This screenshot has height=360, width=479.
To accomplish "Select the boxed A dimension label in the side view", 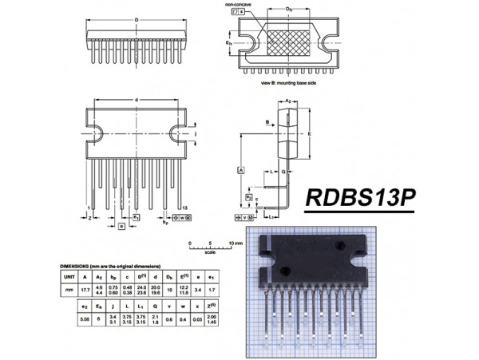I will tap(239, 171).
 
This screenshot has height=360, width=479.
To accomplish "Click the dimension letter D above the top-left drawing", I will tap(137, 19).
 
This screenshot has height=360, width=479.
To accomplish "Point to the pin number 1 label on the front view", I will tap(88, 208).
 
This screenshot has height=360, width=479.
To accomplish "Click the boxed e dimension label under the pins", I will tap(121, 227).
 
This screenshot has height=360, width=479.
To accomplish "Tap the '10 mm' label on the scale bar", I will tap(236, 242).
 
